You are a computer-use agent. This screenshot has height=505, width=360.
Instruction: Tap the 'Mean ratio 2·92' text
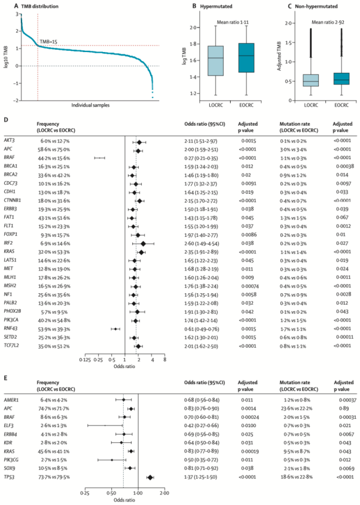click(324, 26)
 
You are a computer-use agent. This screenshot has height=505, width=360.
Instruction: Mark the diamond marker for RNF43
click(115, 329)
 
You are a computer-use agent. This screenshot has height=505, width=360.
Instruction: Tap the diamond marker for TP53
click(150, 461)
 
